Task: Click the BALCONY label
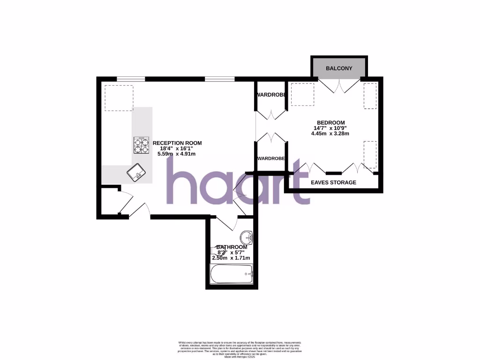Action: pos(339,68)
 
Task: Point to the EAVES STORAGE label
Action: pos(334,182)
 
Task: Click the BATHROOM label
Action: pos(232,247)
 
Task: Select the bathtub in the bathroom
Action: pos(232,273)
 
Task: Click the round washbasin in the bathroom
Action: pos(247,237)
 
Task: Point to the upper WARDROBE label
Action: pos(271,95)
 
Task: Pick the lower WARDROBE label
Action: pos(271,158)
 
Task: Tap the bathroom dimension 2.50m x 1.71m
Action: pos(232,258)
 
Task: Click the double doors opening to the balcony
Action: pos(339,85)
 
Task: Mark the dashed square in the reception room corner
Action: pos(119,98)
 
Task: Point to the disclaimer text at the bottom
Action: pos(240,349)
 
